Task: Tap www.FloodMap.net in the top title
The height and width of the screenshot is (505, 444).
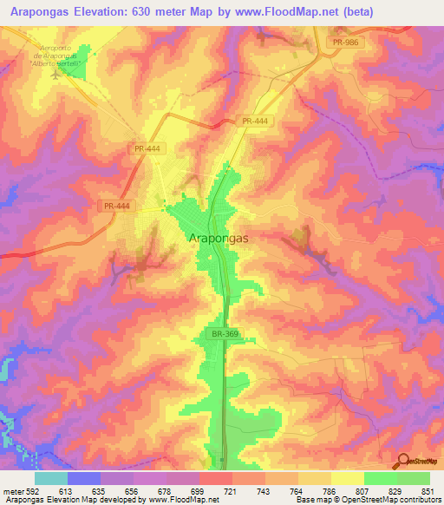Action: click(316, 10)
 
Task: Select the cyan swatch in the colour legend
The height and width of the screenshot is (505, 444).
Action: click(51, 478)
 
